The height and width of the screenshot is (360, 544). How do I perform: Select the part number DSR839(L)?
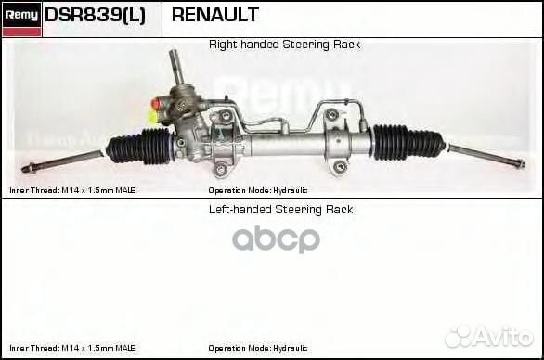click(95, 15)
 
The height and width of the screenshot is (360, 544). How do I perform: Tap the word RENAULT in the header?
click(214, 15)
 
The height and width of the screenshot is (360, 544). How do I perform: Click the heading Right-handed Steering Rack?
click(284, 45)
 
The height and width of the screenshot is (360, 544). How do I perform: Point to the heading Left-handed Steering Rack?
click(280, 210)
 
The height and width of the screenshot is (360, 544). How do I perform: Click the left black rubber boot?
click(140, 147)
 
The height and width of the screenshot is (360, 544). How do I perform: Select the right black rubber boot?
click(408, 141)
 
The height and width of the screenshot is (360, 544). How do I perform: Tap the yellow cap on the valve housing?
click(152, 117)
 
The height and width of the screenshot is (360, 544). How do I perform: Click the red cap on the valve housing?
click(156, 103)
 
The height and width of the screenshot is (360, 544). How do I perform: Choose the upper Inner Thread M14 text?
click(71, 190)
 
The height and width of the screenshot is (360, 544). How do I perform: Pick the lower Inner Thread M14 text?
click(71, 348)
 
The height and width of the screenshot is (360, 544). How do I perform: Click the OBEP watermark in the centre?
click(276, 239)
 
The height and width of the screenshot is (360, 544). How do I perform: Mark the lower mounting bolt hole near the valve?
click(220, 169)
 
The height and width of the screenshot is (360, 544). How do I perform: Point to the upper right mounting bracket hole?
click(331, 114)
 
